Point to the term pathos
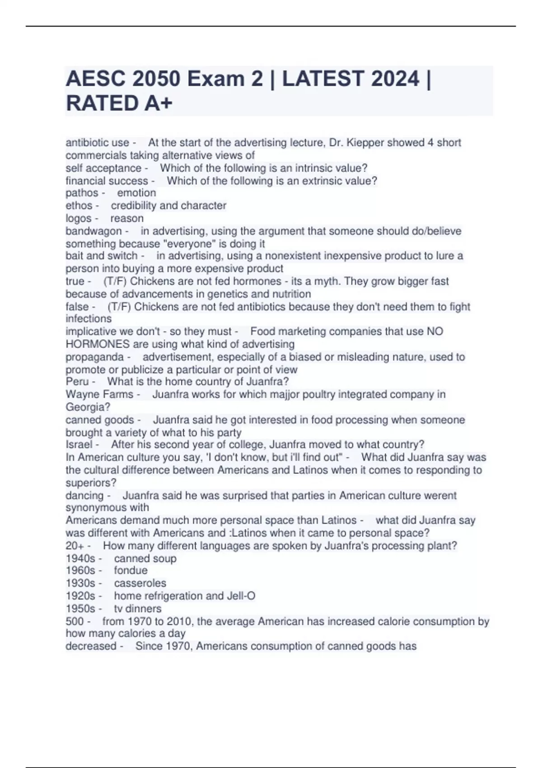[x=82, y=193]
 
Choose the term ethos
[x=79, y=206]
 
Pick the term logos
[x=79, y=218]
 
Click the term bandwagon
[x=93, y=231]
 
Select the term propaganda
[x=94, y=357]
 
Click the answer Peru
[x=77, y=382]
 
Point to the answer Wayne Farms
[x=99, y=394]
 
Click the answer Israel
[x=79, y=445]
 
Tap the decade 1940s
[x=80, y=558]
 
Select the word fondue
[x=131, y=571]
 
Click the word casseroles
[x=140, y=583]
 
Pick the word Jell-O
[x=243, y=596]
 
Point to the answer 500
[x=75, y=621]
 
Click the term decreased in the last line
[x=91, y=646]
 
